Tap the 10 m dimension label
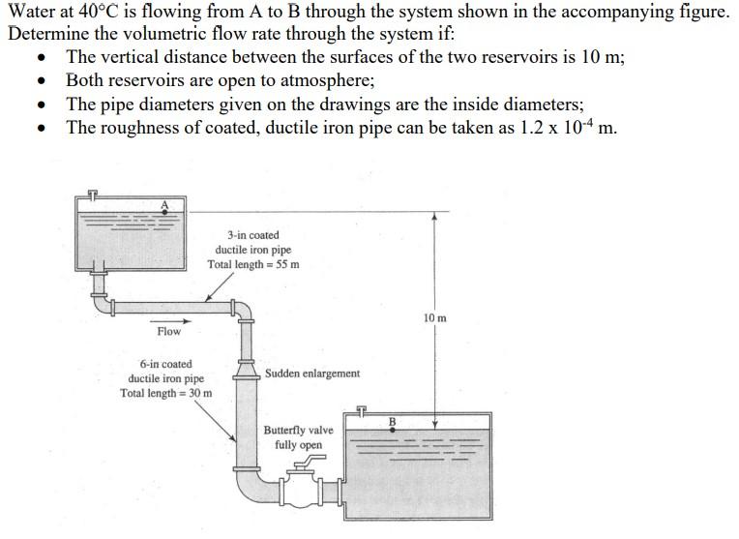pyautogui.click(x=435, y=317)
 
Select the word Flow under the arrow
pyautogui.click(x=168, y=332)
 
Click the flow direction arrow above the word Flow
pyautogui.click(x=183, y=320)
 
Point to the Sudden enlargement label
pyautogui.click(x=311, y=374)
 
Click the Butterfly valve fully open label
pyautogui.click(x=298, y=437)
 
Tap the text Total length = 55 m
pyautogui.click(x=252, y=265)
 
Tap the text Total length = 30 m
pyautogui.click(x=165, y=393)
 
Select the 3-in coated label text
pyautogui.click(x=252, y=235)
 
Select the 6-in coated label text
pyautogui.click(x=165, y=364)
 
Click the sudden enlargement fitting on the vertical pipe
pyautogui.click(x=244, y=372)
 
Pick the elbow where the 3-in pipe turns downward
pyautogui.click(x=242, y=311)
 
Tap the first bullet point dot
pyautogui.click(x=41, y=58)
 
